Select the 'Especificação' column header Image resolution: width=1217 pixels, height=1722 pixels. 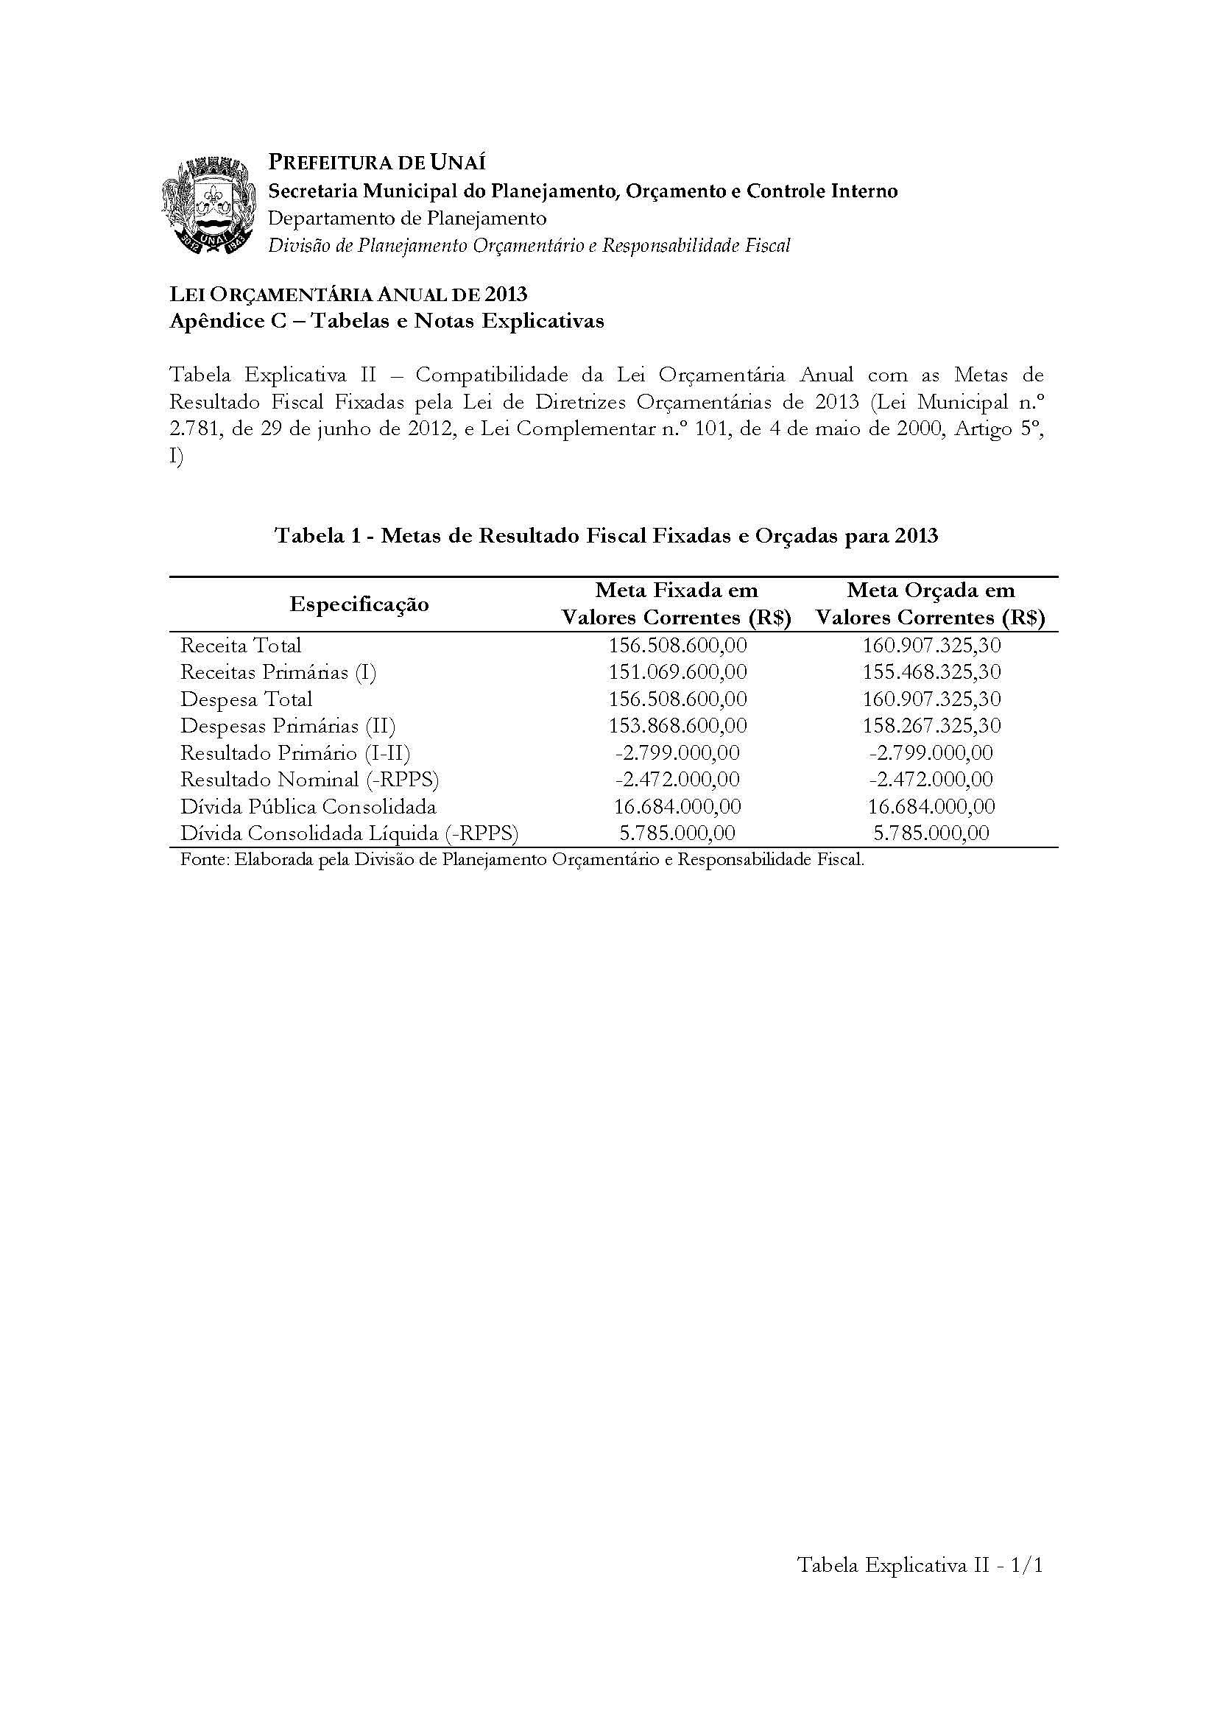tap(359, 604)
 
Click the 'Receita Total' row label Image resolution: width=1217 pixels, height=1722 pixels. tap(241, 646)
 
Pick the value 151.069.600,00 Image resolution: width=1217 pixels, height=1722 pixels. tap(677, 673)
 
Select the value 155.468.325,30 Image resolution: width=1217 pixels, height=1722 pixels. tap(931, 673)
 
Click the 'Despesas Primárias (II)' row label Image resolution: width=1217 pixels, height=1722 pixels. tap(288, 726)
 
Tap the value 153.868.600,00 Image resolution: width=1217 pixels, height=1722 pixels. tap(677, 726)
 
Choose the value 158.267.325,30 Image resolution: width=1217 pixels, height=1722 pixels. tap(931, 726)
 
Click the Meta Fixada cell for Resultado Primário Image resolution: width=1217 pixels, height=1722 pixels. tap(677, 753)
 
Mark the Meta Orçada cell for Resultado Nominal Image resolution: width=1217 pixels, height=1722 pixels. tap(931, 780)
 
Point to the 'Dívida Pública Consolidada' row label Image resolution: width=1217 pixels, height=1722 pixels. tap(308, 807)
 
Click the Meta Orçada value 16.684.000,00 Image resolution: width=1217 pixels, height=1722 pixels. tap(931, 807)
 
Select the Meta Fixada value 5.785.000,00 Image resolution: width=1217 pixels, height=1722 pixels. tap(677, 833)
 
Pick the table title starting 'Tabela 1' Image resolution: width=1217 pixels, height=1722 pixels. tap(607, 536)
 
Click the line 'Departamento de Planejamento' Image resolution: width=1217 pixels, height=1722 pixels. tap(407, 218)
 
